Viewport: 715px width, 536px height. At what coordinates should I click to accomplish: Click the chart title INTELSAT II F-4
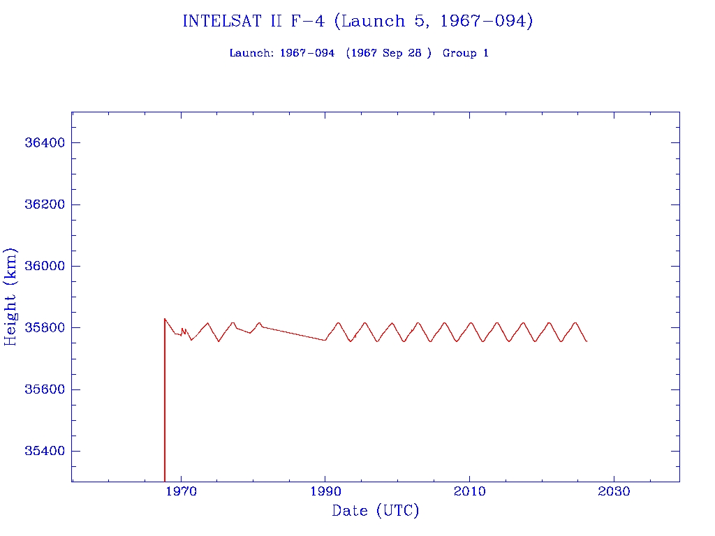(357, 22)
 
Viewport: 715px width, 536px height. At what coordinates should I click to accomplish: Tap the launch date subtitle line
(359, 53)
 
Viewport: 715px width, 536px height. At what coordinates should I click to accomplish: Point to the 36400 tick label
(45, 143)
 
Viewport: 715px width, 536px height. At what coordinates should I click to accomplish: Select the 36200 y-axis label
(45, 204)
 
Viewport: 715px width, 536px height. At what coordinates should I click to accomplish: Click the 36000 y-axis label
(45, 266)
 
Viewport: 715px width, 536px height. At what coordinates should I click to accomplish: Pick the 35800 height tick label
(45, 327)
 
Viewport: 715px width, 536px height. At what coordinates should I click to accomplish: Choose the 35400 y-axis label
(45, 451)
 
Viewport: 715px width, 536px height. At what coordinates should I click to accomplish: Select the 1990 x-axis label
(325, 492)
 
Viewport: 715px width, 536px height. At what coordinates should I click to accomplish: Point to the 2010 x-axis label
(470, 492)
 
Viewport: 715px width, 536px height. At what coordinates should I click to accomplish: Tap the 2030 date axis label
(614, 492)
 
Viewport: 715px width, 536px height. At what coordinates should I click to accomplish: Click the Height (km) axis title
(11, 297)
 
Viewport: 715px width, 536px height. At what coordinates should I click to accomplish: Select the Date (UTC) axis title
(376, 511)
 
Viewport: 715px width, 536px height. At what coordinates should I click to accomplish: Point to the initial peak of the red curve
(165, 319)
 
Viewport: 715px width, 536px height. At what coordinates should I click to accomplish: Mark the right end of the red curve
(587, 341)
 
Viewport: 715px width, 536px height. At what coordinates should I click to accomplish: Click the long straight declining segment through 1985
(293, 334)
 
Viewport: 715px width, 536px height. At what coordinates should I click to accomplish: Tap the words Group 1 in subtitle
(466, 53)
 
